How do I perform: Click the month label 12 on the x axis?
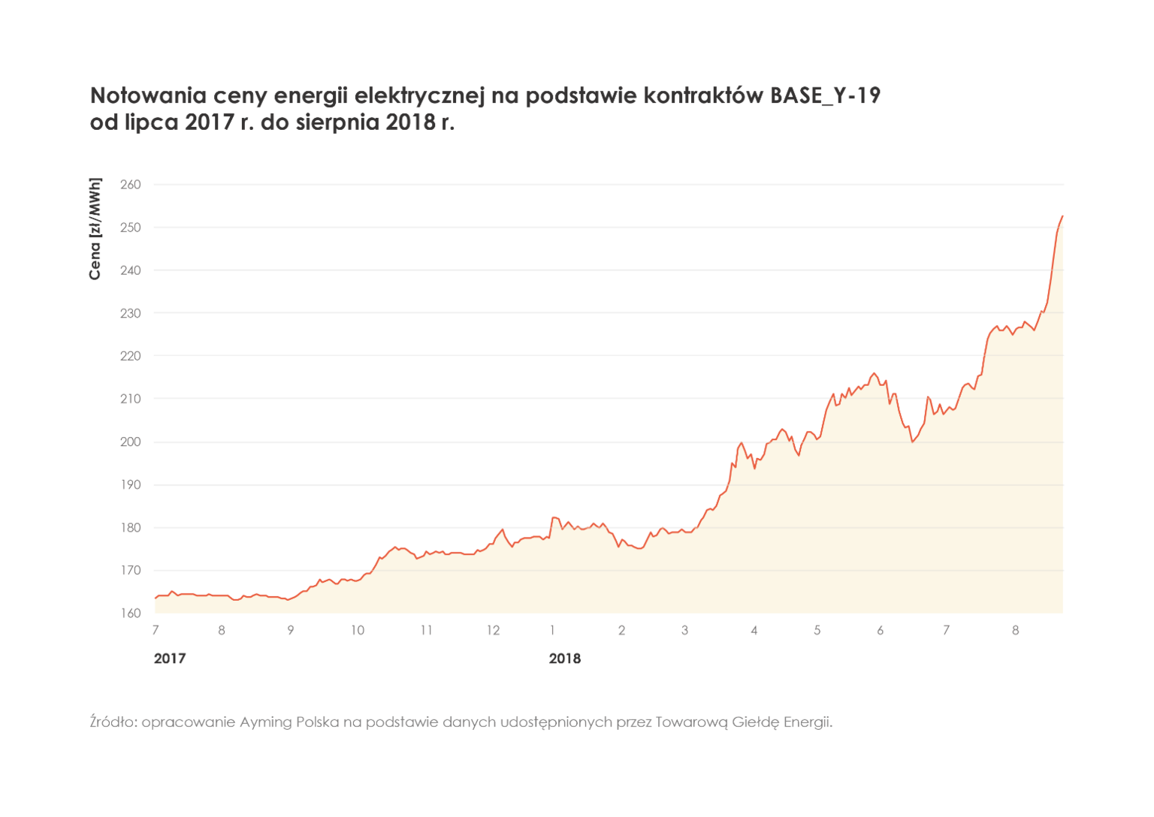(x=493, y=630)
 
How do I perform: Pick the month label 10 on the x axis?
(x=358, y=630)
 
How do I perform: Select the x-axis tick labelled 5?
(x=817, y=630)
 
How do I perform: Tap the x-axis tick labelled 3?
(x=685, y=630)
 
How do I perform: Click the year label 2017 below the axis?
(x=169, y=659)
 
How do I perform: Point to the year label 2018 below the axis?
(x=564, y=659)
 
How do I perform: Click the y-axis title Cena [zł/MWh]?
(x=95, y=229)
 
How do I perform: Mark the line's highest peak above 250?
(x=1062, y=216)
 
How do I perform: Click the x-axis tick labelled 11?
(x=426, y=630)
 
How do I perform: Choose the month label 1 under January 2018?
(x=552, y=630)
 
